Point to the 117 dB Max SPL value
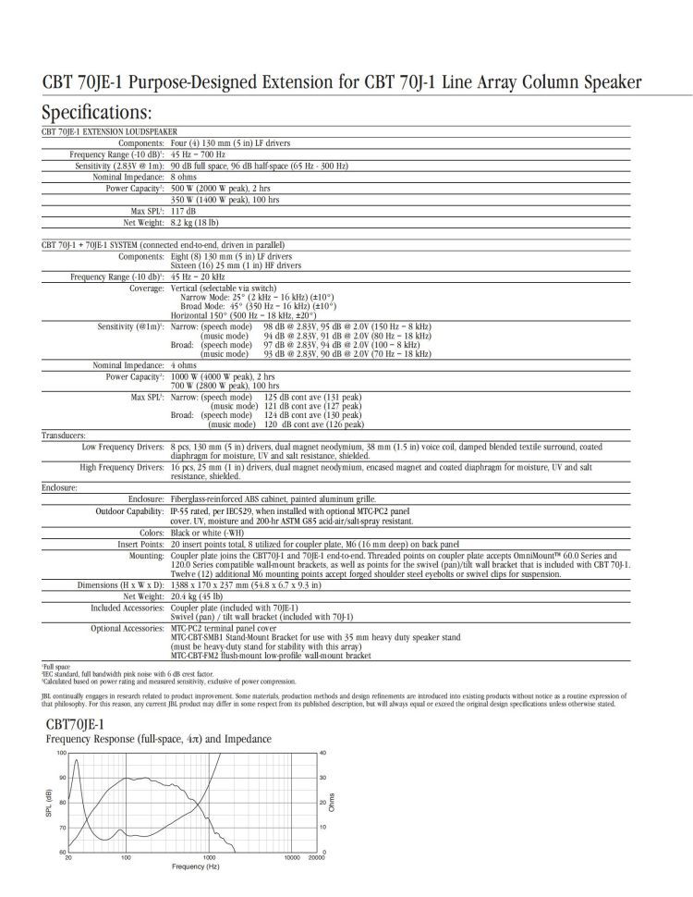tap(183, 211)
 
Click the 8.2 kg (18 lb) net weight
tap(194, 222)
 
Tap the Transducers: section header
tap(64, 434)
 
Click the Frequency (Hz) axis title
tap(195, 866)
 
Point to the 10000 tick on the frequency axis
tap(289, 857)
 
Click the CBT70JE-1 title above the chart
tap(76, 723)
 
